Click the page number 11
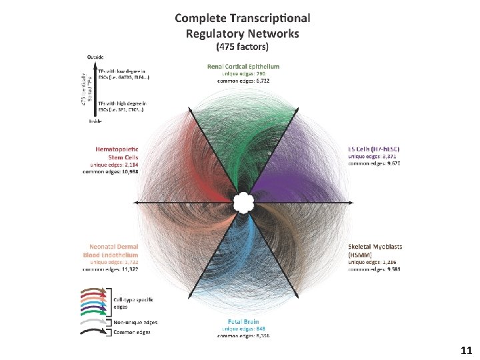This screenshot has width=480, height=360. pos(466,349)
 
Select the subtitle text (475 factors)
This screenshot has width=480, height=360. pos(242,47)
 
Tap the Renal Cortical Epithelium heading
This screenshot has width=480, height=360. pos(242,66)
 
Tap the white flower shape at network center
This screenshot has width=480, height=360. pos(241,202)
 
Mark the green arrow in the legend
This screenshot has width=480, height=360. pos(94,311)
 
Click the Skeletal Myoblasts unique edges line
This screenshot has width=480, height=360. pos(373,261)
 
